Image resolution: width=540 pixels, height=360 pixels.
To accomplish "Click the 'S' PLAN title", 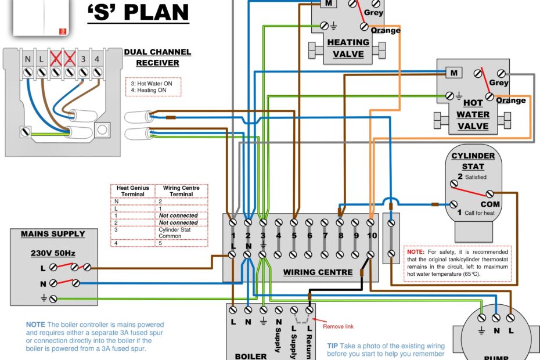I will [x=138, y=12].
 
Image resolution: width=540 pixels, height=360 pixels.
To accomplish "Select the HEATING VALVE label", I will [x=348, y=48].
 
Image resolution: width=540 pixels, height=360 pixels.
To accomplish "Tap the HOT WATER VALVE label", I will [x=473, y=115].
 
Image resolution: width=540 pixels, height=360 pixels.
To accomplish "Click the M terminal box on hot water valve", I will [x=454, y=73].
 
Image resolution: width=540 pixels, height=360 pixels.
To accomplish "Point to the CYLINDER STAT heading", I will [x=473, y=161].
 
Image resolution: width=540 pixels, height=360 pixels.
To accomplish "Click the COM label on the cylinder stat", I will [x=490, y=204].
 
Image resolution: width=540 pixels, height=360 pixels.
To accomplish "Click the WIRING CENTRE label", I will [x=318, y=272].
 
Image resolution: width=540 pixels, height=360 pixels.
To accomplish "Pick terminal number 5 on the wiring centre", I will [x=294, y=236].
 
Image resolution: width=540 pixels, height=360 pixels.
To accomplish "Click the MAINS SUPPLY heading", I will [x=53, y=234].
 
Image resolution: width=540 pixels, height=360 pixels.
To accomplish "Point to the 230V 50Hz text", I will [x=53, y=253].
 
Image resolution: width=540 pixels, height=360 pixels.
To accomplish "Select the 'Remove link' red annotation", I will [x=338, y=326].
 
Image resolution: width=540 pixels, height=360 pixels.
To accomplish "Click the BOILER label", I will [x=251, y=356].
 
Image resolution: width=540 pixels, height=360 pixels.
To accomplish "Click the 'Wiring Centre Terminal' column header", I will [x=181, y=191].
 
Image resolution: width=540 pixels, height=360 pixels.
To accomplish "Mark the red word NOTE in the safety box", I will [x=415, y=252].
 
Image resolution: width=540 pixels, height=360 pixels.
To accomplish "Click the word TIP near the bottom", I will [x=333, y=345].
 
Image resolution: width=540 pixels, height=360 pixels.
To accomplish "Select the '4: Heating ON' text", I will [x=149, y=90].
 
